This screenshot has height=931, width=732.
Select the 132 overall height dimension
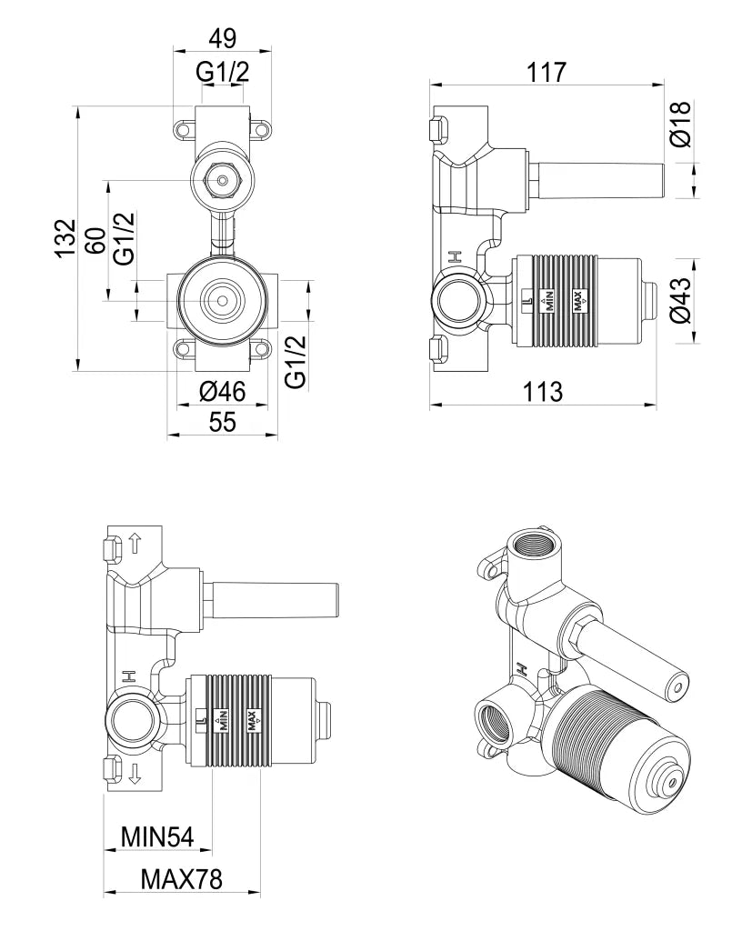[63, 238]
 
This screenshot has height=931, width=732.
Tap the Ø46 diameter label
[222, 392]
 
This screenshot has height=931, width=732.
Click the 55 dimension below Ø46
[222, 421]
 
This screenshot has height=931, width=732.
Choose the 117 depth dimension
[546, 71]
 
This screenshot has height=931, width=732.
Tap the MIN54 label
[157, 836]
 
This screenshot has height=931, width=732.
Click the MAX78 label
[182, 879]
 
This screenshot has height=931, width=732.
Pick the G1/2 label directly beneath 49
[222, 73]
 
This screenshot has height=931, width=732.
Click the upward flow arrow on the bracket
[135, 545]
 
